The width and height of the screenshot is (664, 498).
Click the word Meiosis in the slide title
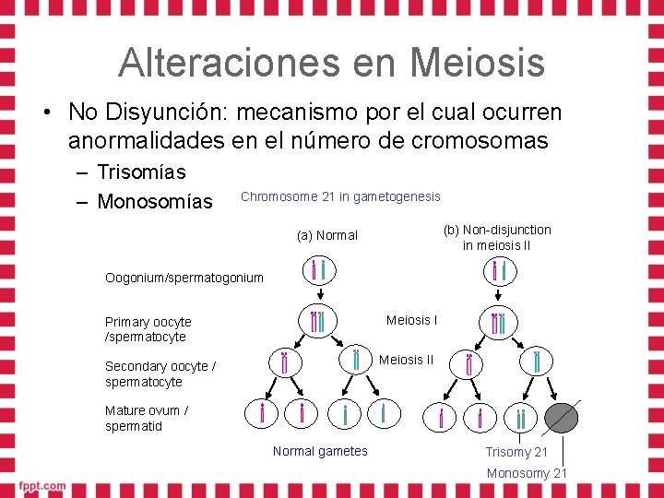(x=478, y=63)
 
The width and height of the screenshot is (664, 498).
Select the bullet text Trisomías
(x=141, y=172)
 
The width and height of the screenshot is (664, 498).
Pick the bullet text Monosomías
(x=154, y=201)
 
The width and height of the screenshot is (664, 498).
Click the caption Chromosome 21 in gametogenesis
(x=340, y=196)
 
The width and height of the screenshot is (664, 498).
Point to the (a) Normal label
(x=327, y=235)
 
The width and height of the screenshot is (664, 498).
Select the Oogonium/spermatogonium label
(x=184, y=278)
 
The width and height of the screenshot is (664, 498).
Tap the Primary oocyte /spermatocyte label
(x=148, y=329)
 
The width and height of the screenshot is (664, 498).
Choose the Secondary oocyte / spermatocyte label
(x=160, y=373)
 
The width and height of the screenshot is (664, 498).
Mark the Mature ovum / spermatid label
(x=147, y=418)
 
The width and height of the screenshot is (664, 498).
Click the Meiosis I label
(x=411, y=320)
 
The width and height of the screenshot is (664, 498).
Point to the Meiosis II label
(x=406, y=359)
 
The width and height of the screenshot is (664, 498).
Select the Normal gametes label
(x=320, y=451)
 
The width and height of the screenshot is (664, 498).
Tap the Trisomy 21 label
(x=516, y=452)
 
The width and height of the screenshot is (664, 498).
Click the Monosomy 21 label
(x=527, y=473)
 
